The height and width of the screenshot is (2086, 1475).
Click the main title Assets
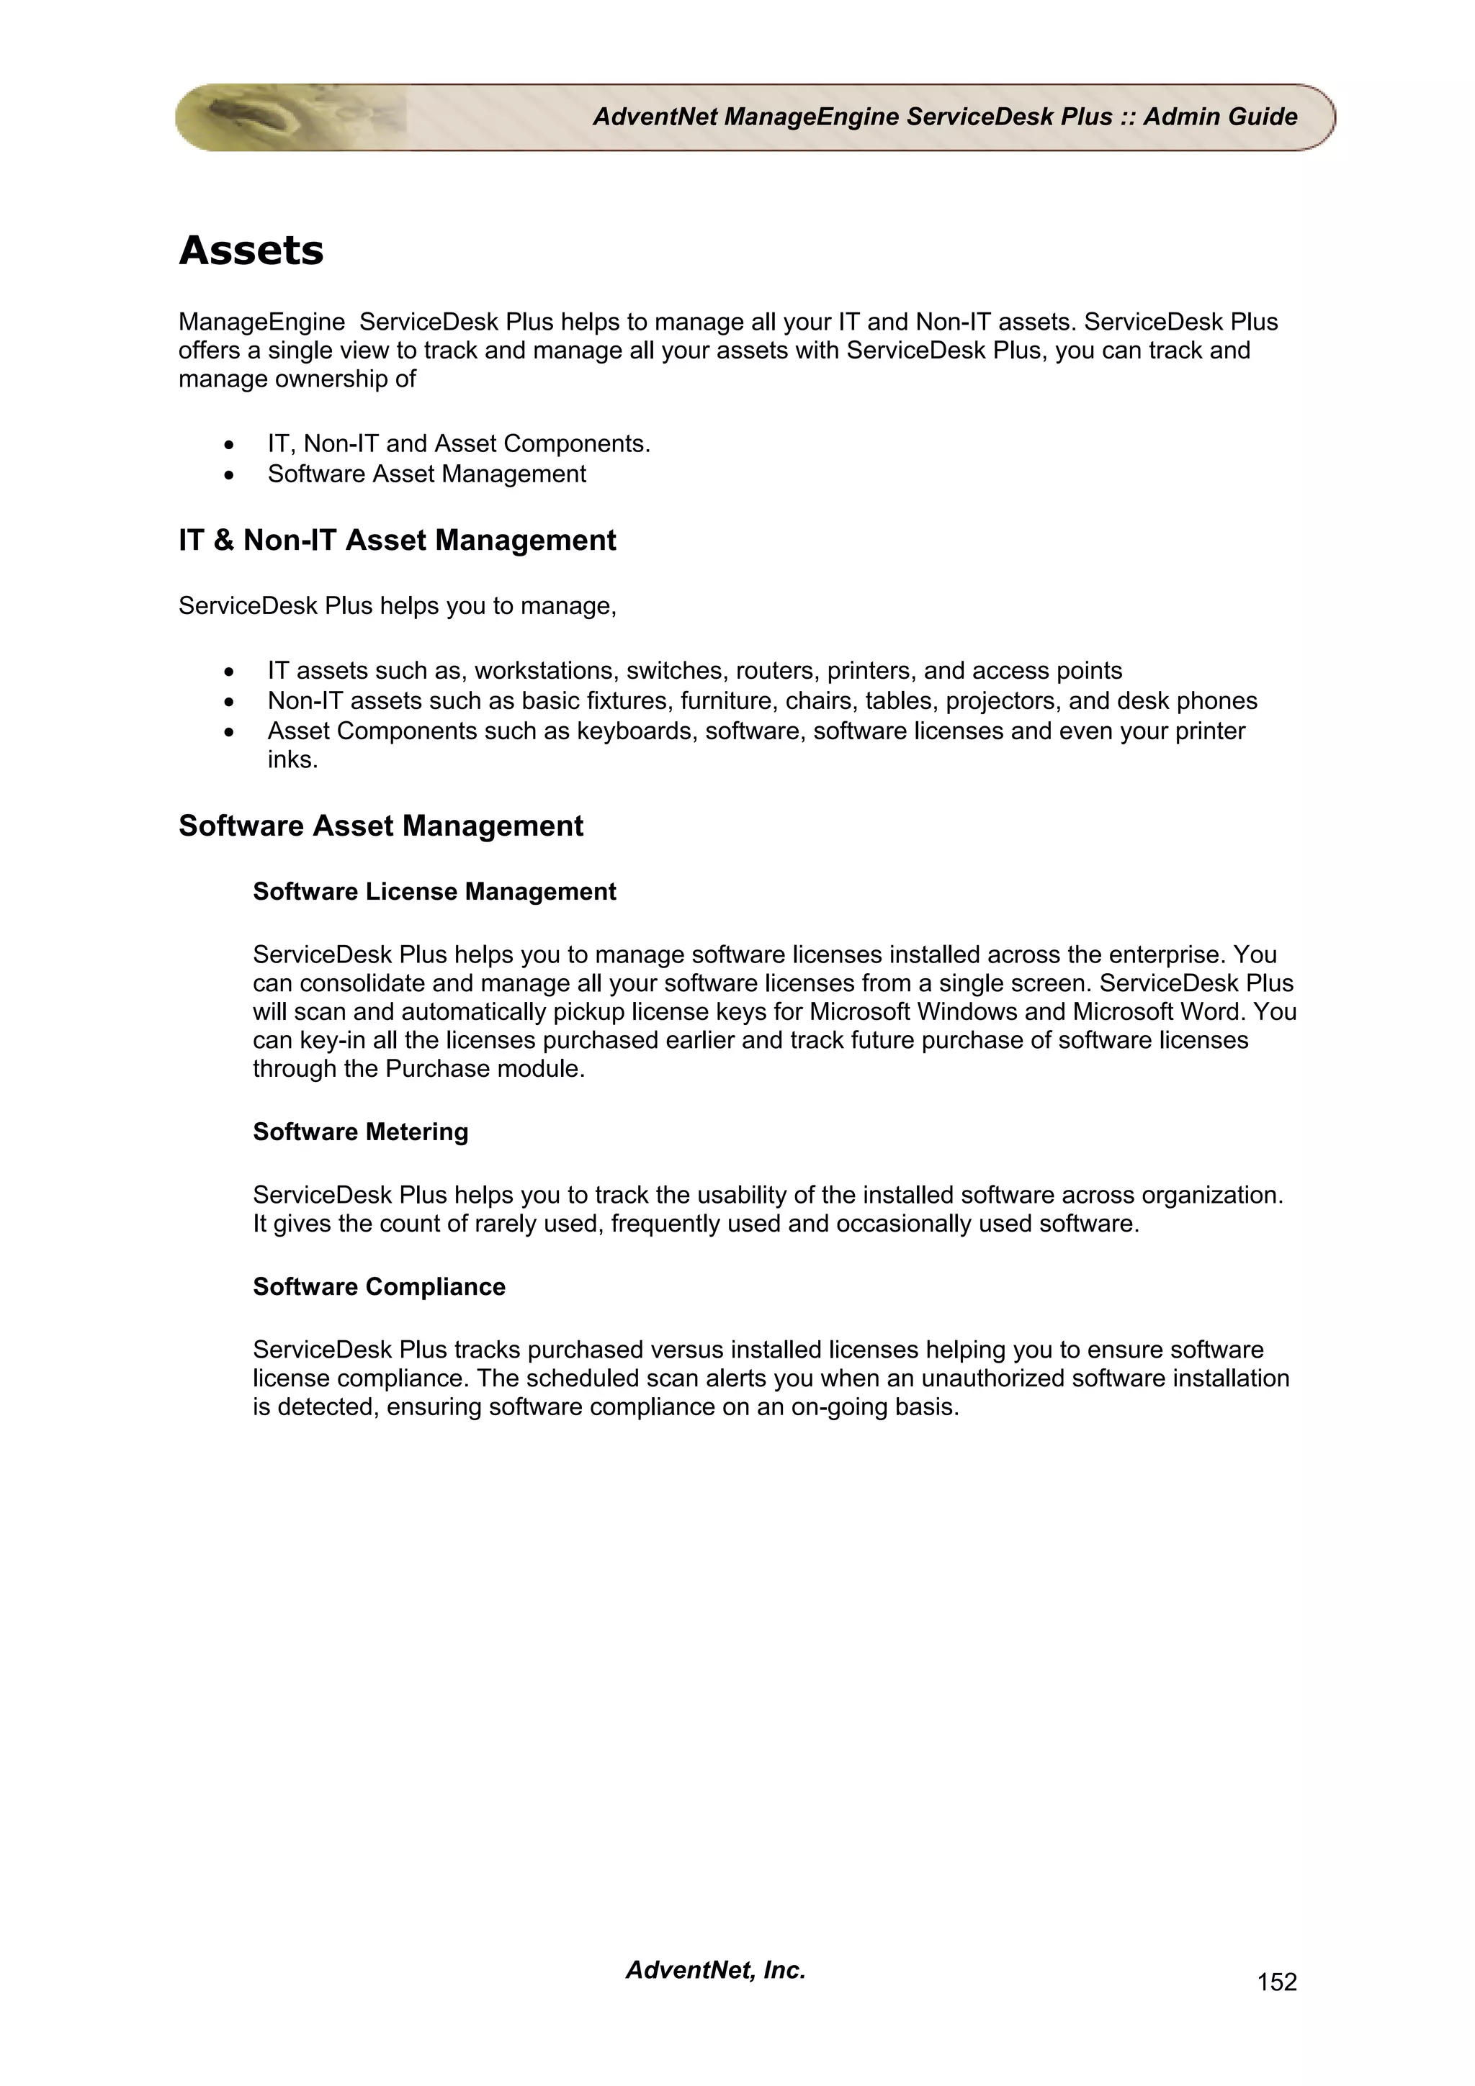click(251, 250)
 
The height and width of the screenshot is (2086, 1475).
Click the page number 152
click(1276, 1982)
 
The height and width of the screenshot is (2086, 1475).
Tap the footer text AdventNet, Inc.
click(715, 1969)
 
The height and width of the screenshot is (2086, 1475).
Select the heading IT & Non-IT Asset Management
click(397, 541)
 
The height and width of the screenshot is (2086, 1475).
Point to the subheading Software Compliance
click(379, 1286)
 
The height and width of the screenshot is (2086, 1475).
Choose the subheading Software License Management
click(434, 891)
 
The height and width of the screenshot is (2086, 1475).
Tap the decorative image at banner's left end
click(273, 117)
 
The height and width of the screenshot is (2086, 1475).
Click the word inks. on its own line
click(292, 759)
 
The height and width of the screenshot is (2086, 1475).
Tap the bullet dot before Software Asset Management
click(230, 475)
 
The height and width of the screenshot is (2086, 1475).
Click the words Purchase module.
click(485, 1068)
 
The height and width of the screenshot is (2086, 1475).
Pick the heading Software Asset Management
click(381, 826)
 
